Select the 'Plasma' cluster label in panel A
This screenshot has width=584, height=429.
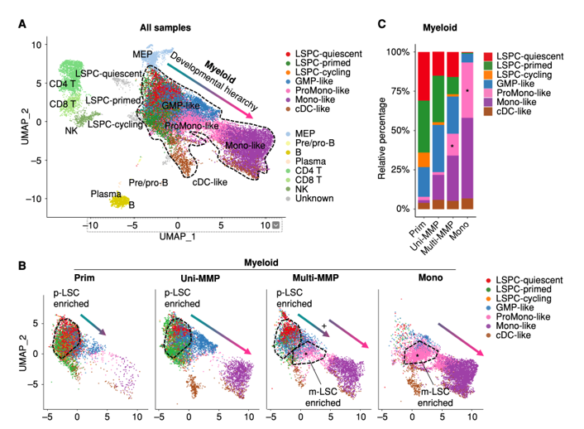point(105,193)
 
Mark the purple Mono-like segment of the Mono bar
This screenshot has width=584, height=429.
point(467,157)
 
